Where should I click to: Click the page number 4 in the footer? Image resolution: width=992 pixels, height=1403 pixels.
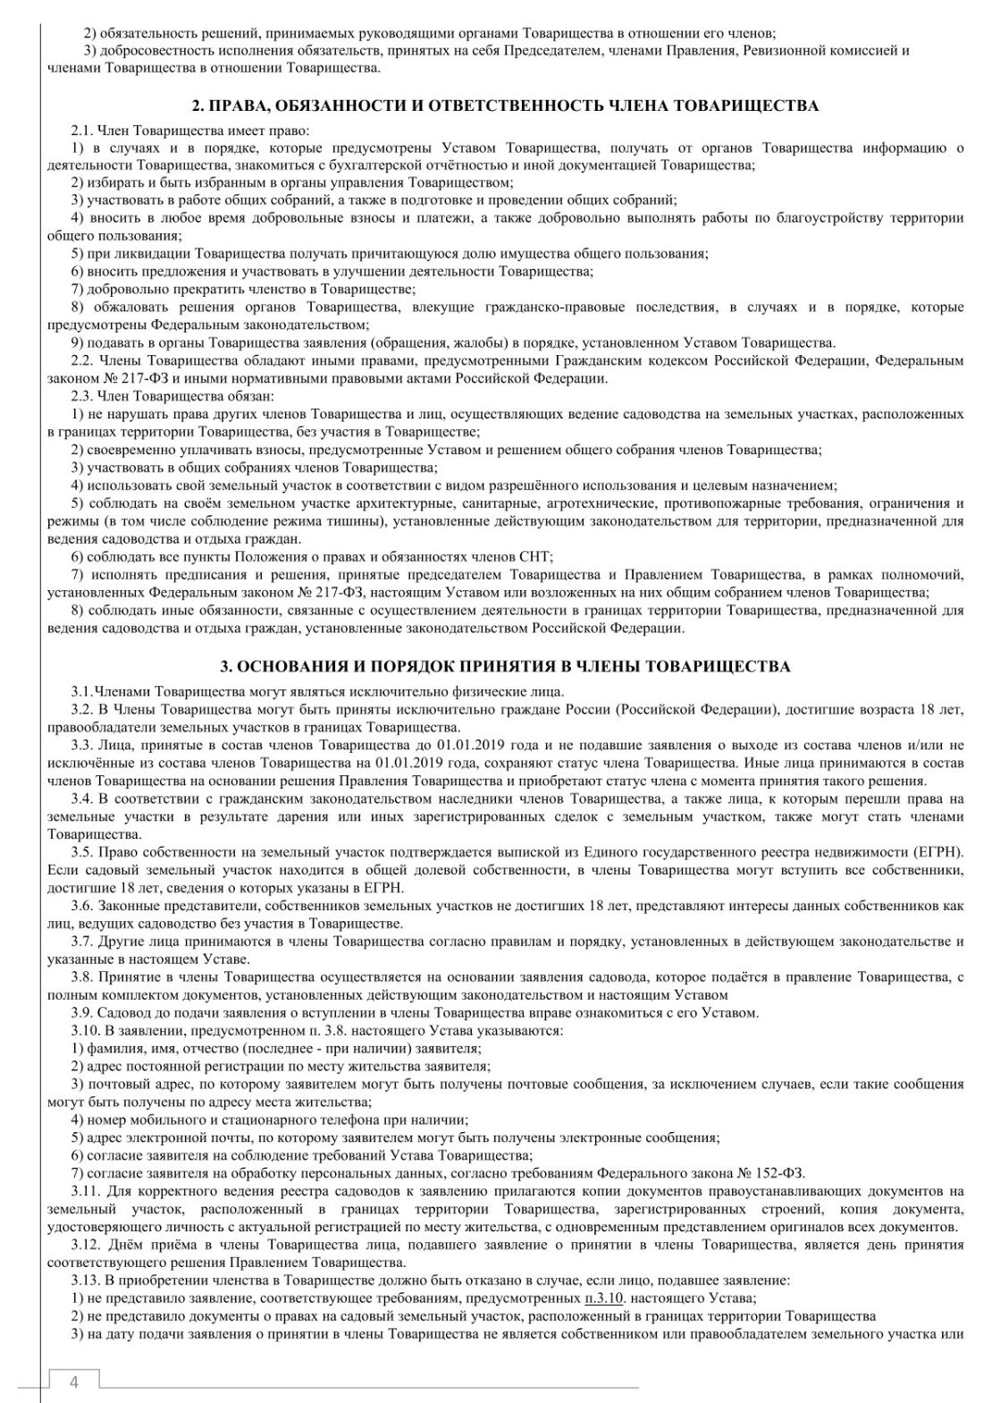pyautogui.click(x=74, y=1382)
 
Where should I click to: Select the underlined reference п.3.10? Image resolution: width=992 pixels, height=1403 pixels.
pyautogui.click(x=604, y=1297)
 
